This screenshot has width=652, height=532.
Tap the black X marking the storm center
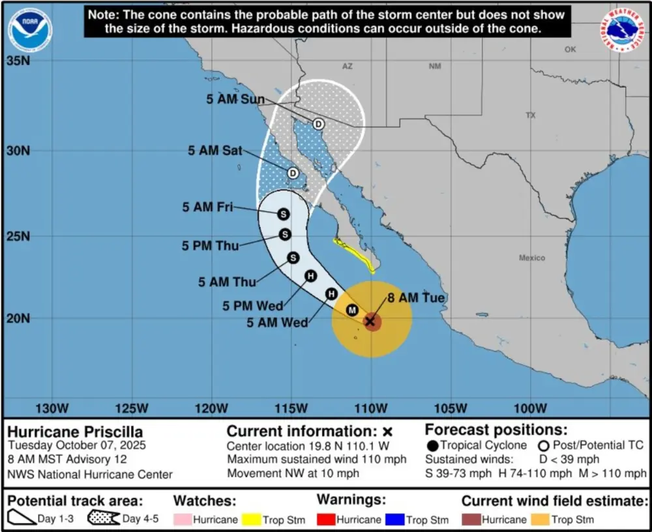[x=370, y=321]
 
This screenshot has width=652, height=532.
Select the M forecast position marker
[x=352, y=310]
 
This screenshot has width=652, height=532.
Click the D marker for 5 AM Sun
[x=318, y=124]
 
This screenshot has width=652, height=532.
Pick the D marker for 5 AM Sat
[x=293, y=173]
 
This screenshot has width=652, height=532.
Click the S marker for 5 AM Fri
[x=283, y=214]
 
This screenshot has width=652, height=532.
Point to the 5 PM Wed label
[x=252, y=305]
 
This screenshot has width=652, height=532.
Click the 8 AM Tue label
[x=415, y=298]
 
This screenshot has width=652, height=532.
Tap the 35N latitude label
[x=19, y=61]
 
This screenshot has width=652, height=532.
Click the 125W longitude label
[x=131, y=409]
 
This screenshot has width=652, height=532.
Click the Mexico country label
[x=531, y=258]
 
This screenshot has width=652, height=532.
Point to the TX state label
[x=530, y=115]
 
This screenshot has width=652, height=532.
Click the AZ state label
[x=347, y=66]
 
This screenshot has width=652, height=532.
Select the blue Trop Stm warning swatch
[x=395, y=520]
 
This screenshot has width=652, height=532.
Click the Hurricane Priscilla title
[x=75, y=432]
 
